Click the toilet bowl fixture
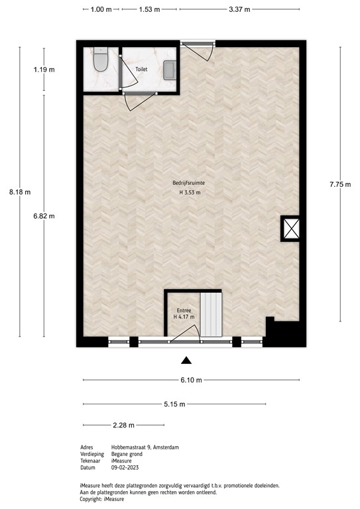coord(101,61)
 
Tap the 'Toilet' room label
coord(142,68)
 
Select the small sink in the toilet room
coord(170,68)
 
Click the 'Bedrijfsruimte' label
coord(190,182)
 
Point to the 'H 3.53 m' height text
coord(190,193)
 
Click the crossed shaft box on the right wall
coord(291,229)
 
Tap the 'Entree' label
coord(184,310)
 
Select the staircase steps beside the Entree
coord(211,315)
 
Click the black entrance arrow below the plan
coord(187,361)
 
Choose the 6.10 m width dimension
coord(191,380)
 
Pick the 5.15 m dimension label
coord(174,404)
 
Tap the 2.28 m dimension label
coord(123,425)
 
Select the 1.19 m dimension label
coord(44,69)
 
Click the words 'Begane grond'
coord(126,455)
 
